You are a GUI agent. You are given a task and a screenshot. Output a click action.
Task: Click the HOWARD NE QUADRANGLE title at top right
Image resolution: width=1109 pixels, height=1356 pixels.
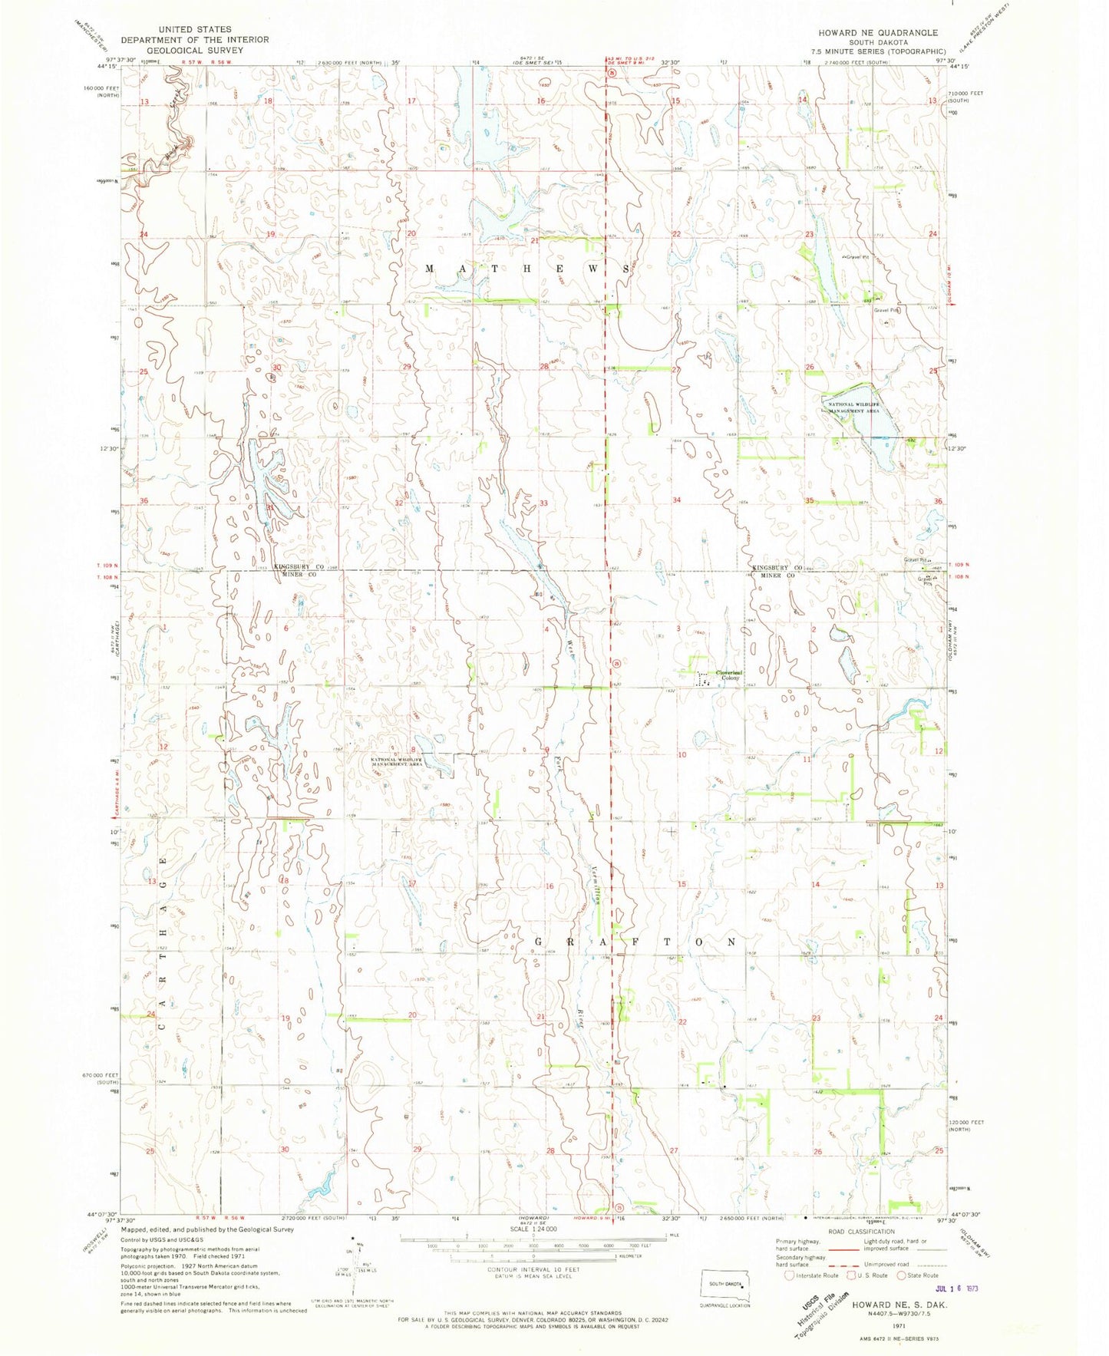pyautogui.click(x=878, y=33)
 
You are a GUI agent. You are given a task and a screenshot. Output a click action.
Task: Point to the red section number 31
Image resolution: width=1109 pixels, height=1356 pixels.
pyautogui.click(x=270, y=507)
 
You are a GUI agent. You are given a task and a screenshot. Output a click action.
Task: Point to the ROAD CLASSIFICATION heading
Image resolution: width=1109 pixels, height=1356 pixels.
pyautogui.click(x=861, y=1231)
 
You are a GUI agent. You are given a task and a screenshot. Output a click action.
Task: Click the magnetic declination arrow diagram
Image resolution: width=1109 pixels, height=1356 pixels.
pyautogui.click(x=354, y=1268)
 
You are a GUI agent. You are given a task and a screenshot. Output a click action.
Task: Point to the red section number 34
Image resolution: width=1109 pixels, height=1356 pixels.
pyautogui.click(x=676, y=500)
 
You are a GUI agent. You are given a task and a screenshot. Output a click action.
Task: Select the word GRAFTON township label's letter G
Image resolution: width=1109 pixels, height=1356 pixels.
pyautogui.click(x=538, y=941)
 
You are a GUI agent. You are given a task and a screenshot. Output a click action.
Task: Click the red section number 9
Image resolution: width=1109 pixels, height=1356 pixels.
pyautogui.click(x=546, y=750)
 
